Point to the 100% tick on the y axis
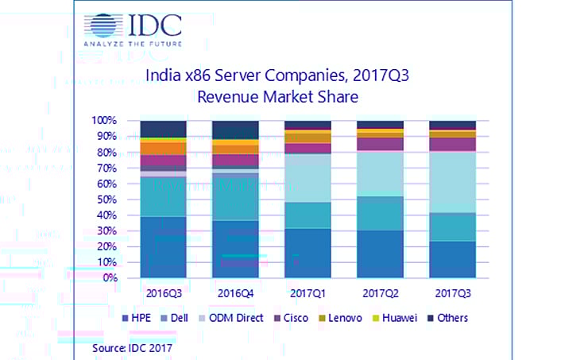coord(105,121)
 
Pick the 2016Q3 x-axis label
coord(163,292)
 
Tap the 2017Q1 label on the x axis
coord(307,292)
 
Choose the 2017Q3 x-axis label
coord(451,292)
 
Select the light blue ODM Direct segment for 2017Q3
coord(451,182)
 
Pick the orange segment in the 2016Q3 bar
coord(163,149)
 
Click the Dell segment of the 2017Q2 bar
coord(379,213)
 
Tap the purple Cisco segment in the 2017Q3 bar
coord(451,144)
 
